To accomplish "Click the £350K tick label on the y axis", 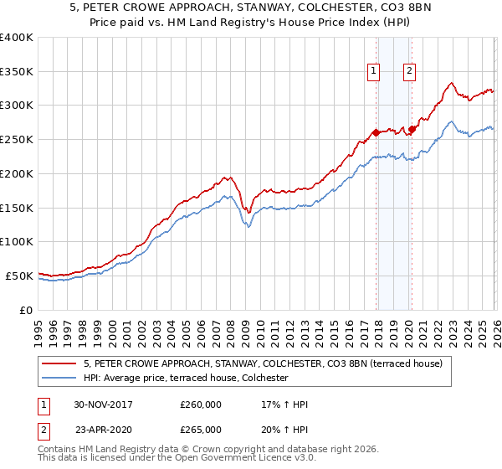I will (17, 71).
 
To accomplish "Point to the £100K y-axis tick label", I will (17, 241).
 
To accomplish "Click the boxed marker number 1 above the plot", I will (372, 71).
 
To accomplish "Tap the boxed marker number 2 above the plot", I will (409, 71).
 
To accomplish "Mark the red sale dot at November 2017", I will (376, 132).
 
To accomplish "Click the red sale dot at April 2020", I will (412, 129).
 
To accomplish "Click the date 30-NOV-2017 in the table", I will (103, 405).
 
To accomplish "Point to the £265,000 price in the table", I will (201, 430).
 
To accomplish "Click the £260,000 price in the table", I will (201, 405).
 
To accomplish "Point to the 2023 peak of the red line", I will (451, 83).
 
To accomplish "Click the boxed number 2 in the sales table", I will (43, 430).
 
